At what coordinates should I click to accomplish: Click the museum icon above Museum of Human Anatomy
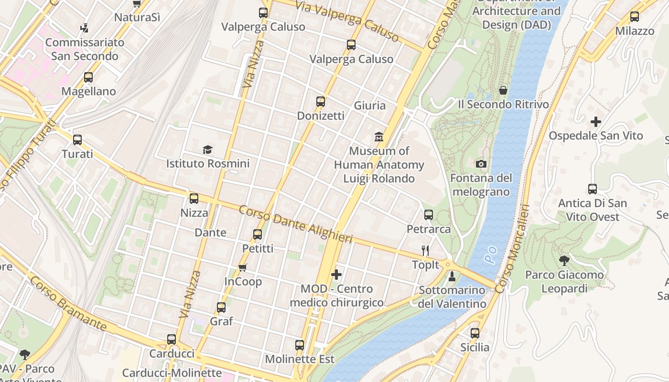pos(379,137)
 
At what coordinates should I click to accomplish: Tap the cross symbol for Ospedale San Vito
pos(595,122)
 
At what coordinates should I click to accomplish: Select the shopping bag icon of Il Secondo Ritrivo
pos(503,90)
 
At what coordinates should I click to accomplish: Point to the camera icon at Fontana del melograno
pos(481,164)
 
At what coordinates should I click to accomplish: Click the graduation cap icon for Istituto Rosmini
pos(207,150)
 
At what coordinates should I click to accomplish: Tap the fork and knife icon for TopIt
pos(425,250)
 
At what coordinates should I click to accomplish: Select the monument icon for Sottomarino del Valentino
pos(452,276)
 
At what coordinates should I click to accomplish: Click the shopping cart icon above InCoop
pos(243,267)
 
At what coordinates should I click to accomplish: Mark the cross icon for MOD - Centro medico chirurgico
pos(336,275)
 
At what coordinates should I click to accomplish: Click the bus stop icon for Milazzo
pos(635,17)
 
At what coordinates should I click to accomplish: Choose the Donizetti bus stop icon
pos(320,102)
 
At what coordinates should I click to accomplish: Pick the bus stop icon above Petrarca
pos(429,215)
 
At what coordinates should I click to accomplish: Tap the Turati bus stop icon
pos(77,140)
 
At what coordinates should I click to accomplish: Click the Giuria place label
pos(369,106)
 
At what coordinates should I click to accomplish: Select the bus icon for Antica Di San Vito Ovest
pos(593,189)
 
